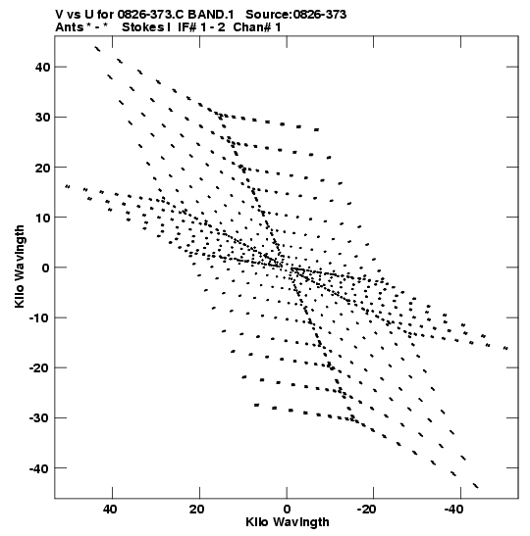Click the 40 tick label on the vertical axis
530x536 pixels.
[x=42, y=68]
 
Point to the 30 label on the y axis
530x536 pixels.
[x=42, y=118]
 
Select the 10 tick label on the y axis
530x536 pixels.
[x=42, y=218]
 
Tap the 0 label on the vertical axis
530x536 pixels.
[x=46, y=268]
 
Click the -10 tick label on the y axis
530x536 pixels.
[x=39, y=317]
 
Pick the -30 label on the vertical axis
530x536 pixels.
[x=39, y=418]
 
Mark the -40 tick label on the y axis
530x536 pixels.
[x=39, y=468]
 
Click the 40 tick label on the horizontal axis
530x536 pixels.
[x=110, y=510]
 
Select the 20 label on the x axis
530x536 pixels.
[x=197, y=510]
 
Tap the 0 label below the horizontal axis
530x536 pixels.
[x=287, y=510]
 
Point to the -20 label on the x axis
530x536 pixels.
[x=367, y=510]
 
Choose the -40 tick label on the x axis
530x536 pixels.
[x=454, y=510]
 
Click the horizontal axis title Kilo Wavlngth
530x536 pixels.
[x=288, y=522]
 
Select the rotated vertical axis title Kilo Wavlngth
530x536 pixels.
[x=20, y=267]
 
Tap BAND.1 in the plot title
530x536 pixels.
[x=211, y=15]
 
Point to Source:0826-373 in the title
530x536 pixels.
[x=295, y=15]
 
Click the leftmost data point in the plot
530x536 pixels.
[x=68, y=186]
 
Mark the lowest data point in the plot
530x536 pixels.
[x=476, y=486]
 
